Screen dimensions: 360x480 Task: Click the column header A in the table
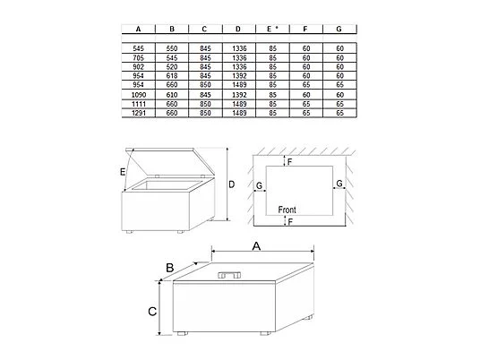138,29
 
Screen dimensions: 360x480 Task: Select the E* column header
270,29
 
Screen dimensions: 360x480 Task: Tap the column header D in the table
237,29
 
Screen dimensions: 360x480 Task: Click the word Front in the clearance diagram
287,209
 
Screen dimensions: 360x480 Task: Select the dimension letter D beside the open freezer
231,184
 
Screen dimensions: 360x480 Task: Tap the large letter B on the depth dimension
167,266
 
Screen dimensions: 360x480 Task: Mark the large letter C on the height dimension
152,312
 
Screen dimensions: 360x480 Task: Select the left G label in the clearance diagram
260,185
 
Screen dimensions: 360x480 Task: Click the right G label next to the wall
339,183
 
